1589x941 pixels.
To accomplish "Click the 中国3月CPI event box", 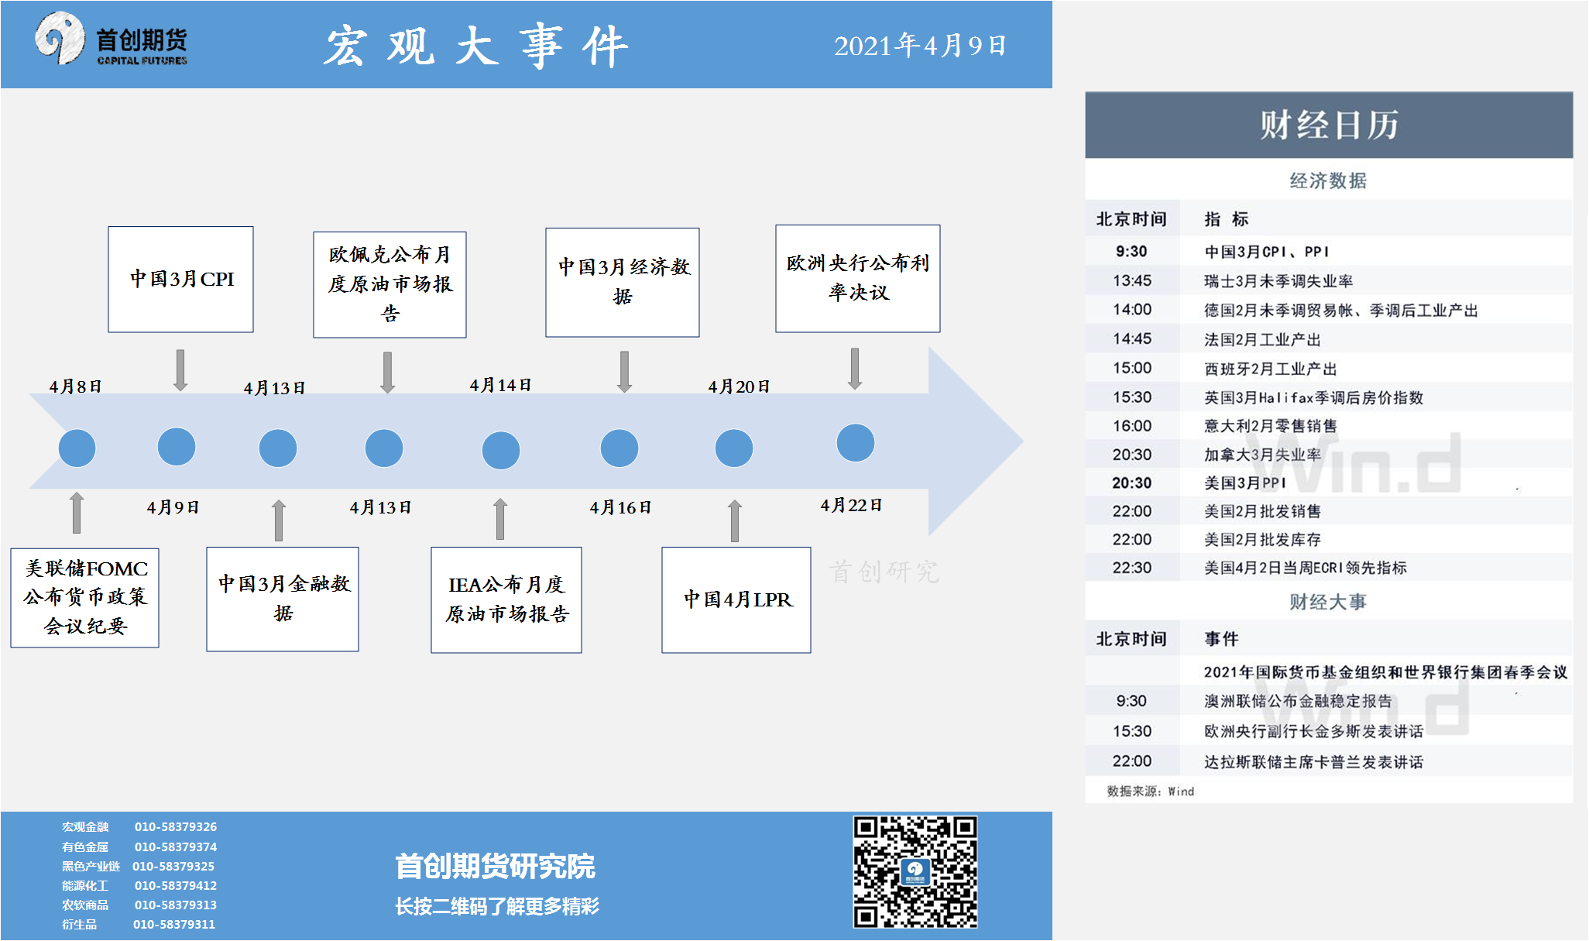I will pos(180,279).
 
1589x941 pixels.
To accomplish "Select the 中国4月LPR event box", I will pos(736,599).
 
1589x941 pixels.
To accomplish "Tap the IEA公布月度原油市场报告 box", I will pos(506,599).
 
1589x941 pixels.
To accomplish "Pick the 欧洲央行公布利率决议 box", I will pos(857,278).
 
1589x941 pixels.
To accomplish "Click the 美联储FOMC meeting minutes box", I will pos(85,597).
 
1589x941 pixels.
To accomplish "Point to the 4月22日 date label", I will pos(851,506).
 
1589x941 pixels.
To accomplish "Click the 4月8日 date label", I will pos(75,386).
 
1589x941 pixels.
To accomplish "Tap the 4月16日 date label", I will pos(620,508).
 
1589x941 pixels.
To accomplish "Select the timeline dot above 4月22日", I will pos(855,443).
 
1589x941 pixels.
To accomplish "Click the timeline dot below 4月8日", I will pos(77,448).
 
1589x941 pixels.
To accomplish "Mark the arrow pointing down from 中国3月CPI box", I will pos(180,369).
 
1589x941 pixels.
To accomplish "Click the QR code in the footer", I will pos(915,871).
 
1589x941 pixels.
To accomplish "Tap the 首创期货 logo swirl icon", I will pos(59,37).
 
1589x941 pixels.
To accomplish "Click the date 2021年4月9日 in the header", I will pos(919,46).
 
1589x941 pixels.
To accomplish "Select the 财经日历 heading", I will pos(1328,125).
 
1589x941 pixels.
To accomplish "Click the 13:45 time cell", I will pos(1131,281).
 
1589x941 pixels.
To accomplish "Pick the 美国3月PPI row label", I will pos(1244,483).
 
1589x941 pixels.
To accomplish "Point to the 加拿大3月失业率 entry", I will pos(1262,455).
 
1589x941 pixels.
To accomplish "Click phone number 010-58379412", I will pos(176,885).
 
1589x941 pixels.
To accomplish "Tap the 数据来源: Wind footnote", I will pos(1150,792).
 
